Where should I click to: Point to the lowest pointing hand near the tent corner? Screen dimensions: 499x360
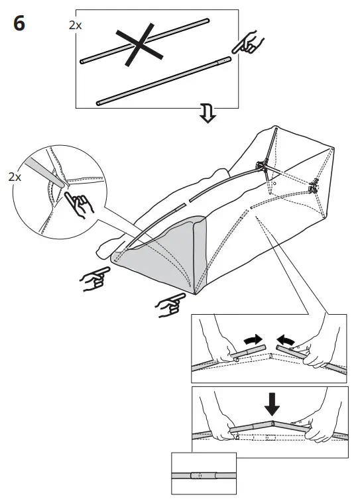(x=168, y=305)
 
